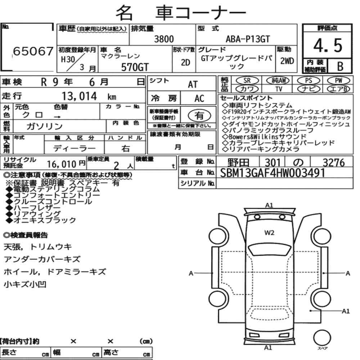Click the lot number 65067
tap(33, 51)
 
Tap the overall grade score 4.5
tap(328, 45)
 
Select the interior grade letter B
tap(340, 66)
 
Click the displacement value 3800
tap(164, 39)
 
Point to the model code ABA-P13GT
tap(248, 39)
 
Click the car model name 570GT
tap(135, 67)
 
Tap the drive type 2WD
tap(287, 61)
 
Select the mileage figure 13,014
tap(79, 96)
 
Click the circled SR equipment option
tap(247, 81)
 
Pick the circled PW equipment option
tap(338, 81)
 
